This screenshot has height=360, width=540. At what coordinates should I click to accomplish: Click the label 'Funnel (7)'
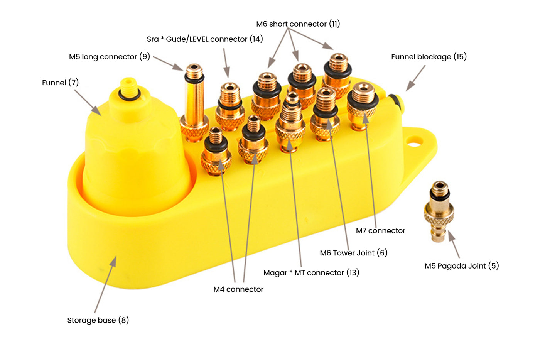pos(60,83)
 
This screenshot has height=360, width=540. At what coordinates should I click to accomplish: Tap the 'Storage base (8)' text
pos(98,320)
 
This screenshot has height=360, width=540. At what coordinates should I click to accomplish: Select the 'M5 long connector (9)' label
pos(109,57)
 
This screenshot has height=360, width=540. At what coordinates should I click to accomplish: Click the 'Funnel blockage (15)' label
pos(429,57)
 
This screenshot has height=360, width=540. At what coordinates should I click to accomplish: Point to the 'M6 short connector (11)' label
pos(298,24)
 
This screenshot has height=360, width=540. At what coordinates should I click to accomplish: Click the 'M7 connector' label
pos(380,231)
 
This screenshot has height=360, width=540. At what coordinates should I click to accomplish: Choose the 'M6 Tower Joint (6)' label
pos(353,253)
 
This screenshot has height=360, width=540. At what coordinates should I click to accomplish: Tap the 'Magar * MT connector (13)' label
pos(311,273)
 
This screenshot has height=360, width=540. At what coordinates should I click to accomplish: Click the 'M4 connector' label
pos(238,289)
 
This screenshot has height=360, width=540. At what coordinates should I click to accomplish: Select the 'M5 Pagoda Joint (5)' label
pos(461,266)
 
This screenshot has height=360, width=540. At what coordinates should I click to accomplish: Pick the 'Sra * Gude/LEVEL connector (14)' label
pos(204,39)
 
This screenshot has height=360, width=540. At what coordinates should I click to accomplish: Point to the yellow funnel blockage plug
pos(396,103)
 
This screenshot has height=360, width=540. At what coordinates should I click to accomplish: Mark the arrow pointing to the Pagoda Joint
pos(454,245)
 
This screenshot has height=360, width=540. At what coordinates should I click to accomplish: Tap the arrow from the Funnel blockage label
pos(415,78)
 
